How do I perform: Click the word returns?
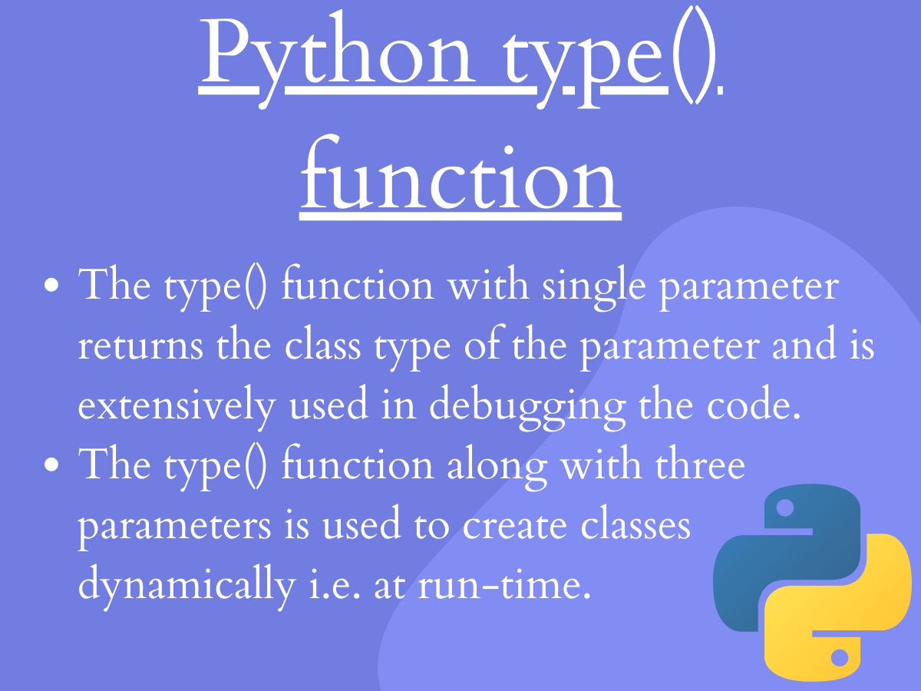pos(140,346)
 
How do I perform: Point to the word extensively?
pos(176,406)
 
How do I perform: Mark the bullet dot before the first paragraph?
pos(52,286)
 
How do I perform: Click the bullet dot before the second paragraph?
pos(52,466)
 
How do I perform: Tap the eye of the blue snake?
pos(784,508)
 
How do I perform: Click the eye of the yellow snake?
pos(840,657)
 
